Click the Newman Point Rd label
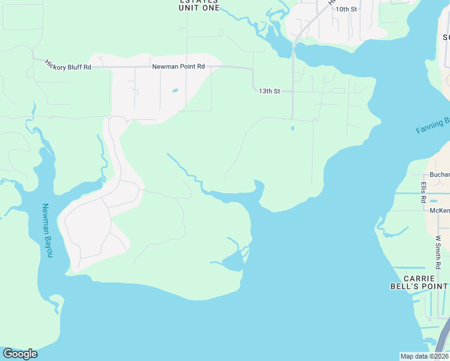pos(178,67)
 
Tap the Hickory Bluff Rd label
pos(68,65)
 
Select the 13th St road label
pos(270,91)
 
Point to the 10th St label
pos(346,10)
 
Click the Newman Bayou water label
pos(46,231)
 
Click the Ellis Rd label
pos(424,191)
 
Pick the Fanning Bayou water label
pos(433,126)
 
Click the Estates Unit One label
pos(198,4)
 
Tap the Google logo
pos(20,353)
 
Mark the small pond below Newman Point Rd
pos(174,91)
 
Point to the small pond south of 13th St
pos(292,128)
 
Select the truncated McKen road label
pos(439,211)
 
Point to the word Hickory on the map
pos(58,63)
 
